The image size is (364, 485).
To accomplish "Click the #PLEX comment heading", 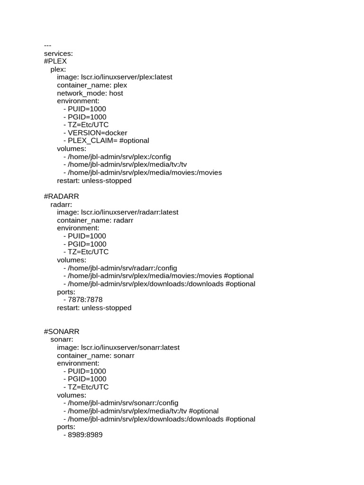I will (x=55, y=61).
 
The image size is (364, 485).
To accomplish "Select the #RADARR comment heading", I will (x=62, y=196).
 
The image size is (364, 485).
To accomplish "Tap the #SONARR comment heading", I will (x=62, y=331).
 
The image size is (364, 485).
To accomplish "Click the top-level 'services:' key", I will (x=58, y=54).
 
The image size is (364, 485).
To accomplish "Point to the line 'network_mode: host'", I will (x=90, y=93).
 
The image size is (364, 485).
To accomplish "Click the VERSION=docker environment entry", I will (x=97, y=133).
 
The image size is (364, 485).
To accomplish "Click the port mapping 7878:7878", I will (x=85, y=300).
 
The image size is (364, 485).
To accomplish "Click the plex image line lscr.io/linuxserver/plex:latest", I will (x=115, y=77).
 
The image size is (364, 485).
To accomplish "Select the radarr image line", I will (x=118, y=212).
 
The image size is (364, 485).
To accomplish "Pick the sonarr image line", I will (x=118, y=347).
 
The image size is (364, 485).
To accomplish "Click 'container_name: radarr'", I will (x=95, y=220).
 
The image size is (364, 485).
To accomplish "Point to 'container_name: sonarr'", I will (x=96, y=355).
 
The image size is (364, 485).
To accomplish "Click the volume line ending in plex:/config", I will (x=119, y=157).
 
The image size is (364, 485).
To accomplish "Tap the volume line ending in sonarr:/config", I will (x=123, y=403).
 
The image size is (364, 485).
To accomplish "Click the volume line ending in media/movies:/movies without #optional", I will (x=145, y=172).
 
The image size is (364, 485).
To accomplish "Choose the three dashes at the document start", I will (x=47, y=45).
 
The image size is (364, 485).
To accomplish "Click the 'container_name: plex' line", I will (x=92, y=85).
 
